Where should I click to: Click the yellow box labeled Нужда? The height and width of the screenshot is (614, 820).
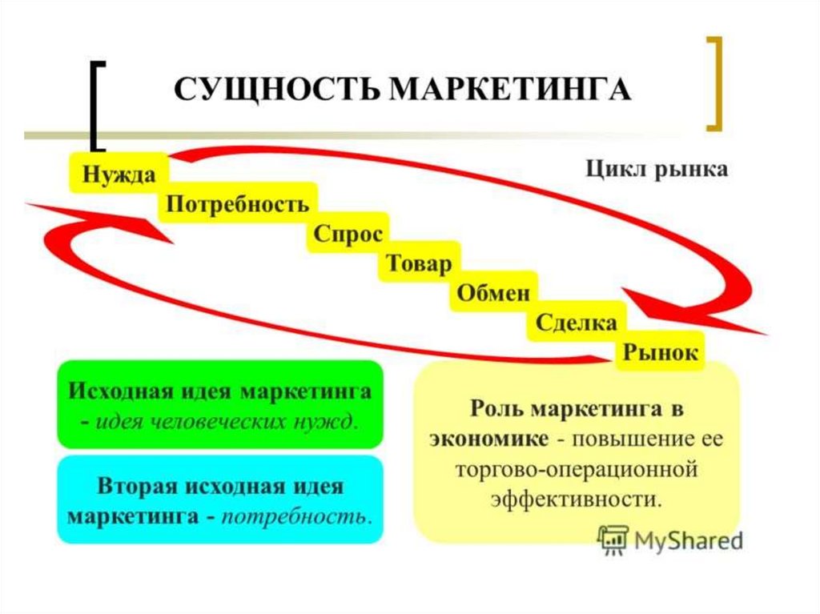117,172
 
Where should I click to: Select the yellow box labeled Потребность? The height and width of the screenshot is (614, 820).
237,203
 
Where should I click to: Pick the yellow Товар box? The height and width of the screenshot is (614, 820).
419,263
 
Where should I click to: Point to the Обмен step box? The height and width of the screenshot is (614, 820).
493,293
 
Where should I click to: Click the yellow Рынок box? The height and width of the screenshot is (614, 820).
661,352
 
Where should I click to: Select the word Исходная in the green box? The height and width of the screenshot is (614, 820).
117,392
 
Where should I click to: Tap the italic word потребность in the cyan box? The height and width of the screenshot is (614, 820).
297,515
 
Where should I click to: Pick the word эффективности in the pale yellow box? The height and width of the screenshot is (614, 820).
576,499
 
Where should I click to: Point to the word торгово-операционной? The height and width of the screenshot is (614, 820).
576,469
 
